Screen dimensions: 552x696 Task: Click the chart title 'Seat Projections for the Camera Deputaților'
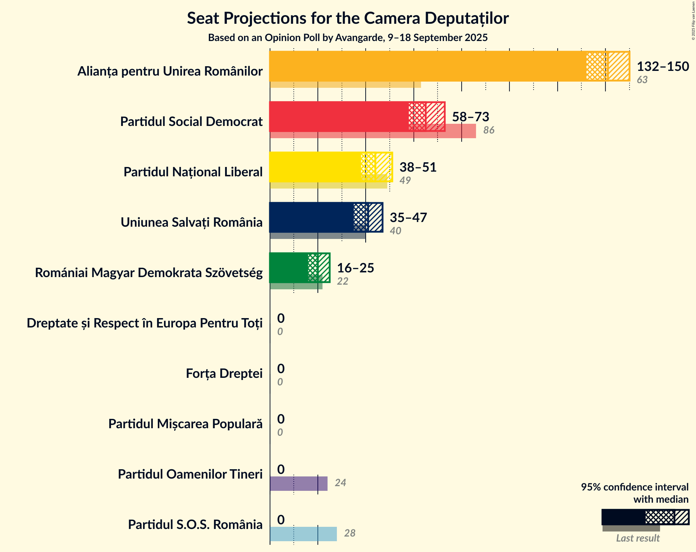click(x=348, y=18)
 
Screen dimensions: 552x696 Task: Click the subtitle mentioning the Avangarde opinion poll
click(x=348, y=38)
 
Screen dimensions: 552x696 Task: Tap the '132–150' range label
click(x=663, y=67)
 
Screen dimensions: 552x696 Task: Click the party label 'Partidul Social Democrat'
click(x=191, y=122)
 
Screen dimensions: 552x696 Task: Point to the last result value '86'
click(x=489, y=130)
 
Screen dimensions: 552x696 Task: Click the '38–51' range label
click(x=418, y=167)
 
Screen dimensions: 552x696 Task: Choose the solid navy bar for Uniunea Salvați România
click(x=311, y=217)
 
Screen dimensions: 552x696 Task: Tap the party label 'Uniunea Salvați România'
click(x=191, y=222)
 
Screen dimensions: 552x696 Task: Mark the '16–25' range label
click(x=355, y=268)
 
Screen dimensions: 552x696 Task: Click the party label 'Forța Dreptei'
click(x=224, y=374)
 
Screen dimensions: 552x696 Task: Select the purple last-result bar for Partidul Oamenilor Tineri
click(x=298, y=484)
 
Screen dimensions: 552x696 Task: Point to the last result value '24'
click(x=340, y=483)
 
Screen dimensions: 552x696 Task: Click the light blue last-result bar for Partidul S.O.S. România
click(x=303, y=534)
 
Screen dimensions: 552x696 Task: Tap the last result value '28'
click(x=349, y=533)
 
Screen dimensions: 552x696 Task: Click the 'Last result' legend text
click(x=637, y=538)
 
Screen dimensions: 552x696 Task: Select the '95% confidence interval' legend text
click(x=635, y=487)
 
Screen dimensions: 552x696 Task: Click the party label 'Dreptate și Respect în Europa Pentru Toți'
click(x=145, y=323)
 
